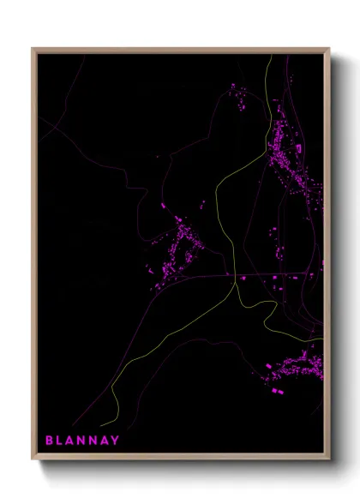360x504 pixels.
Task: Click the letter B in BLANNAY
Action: [49, 441]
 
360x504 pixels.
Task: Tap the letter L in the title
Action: [62, 441]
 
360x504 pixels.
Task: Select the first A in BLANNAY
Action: [75, 441]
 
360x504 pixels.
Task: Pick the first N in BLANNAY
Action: [88, 441]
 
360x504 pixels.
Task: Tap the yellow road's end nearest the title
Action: [100, 424]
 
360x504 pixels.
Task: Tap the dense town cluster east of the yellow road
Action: [287, 154]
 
